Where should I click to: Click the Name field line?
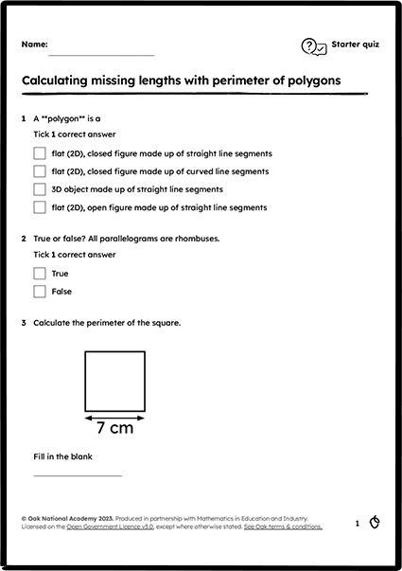(x=101, y=54)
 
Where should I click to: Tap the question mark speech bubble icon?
(x=314, y=46)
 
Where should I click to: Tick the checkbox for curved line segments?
(x=40, y=171)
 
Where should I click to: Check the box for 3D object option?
(x=40, y=189)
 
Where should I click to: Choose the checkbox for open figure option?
(x=40, y=206)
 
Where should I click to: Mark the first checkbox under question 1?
(x=40, y=153)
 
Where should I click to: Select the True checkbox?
(x=40, y=274)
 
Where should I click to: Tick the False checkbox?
(x=40, y=292)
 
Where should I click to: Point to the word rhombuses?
(x=194, y=239)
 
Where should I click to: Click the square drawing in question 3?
(x=114, y=381)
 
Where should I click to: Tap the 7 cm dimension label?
(x=114, y=428)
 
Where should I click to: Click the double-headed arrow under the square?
(x=114, y=415)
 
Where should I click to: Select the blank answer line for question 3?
(x=78, y=475)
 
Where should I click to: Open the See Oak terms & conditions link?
(x=283, y=526)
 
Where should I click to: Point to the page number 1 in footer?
(x=357, y=523)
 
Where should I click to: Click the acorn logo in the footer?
(x=375, y=522)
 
